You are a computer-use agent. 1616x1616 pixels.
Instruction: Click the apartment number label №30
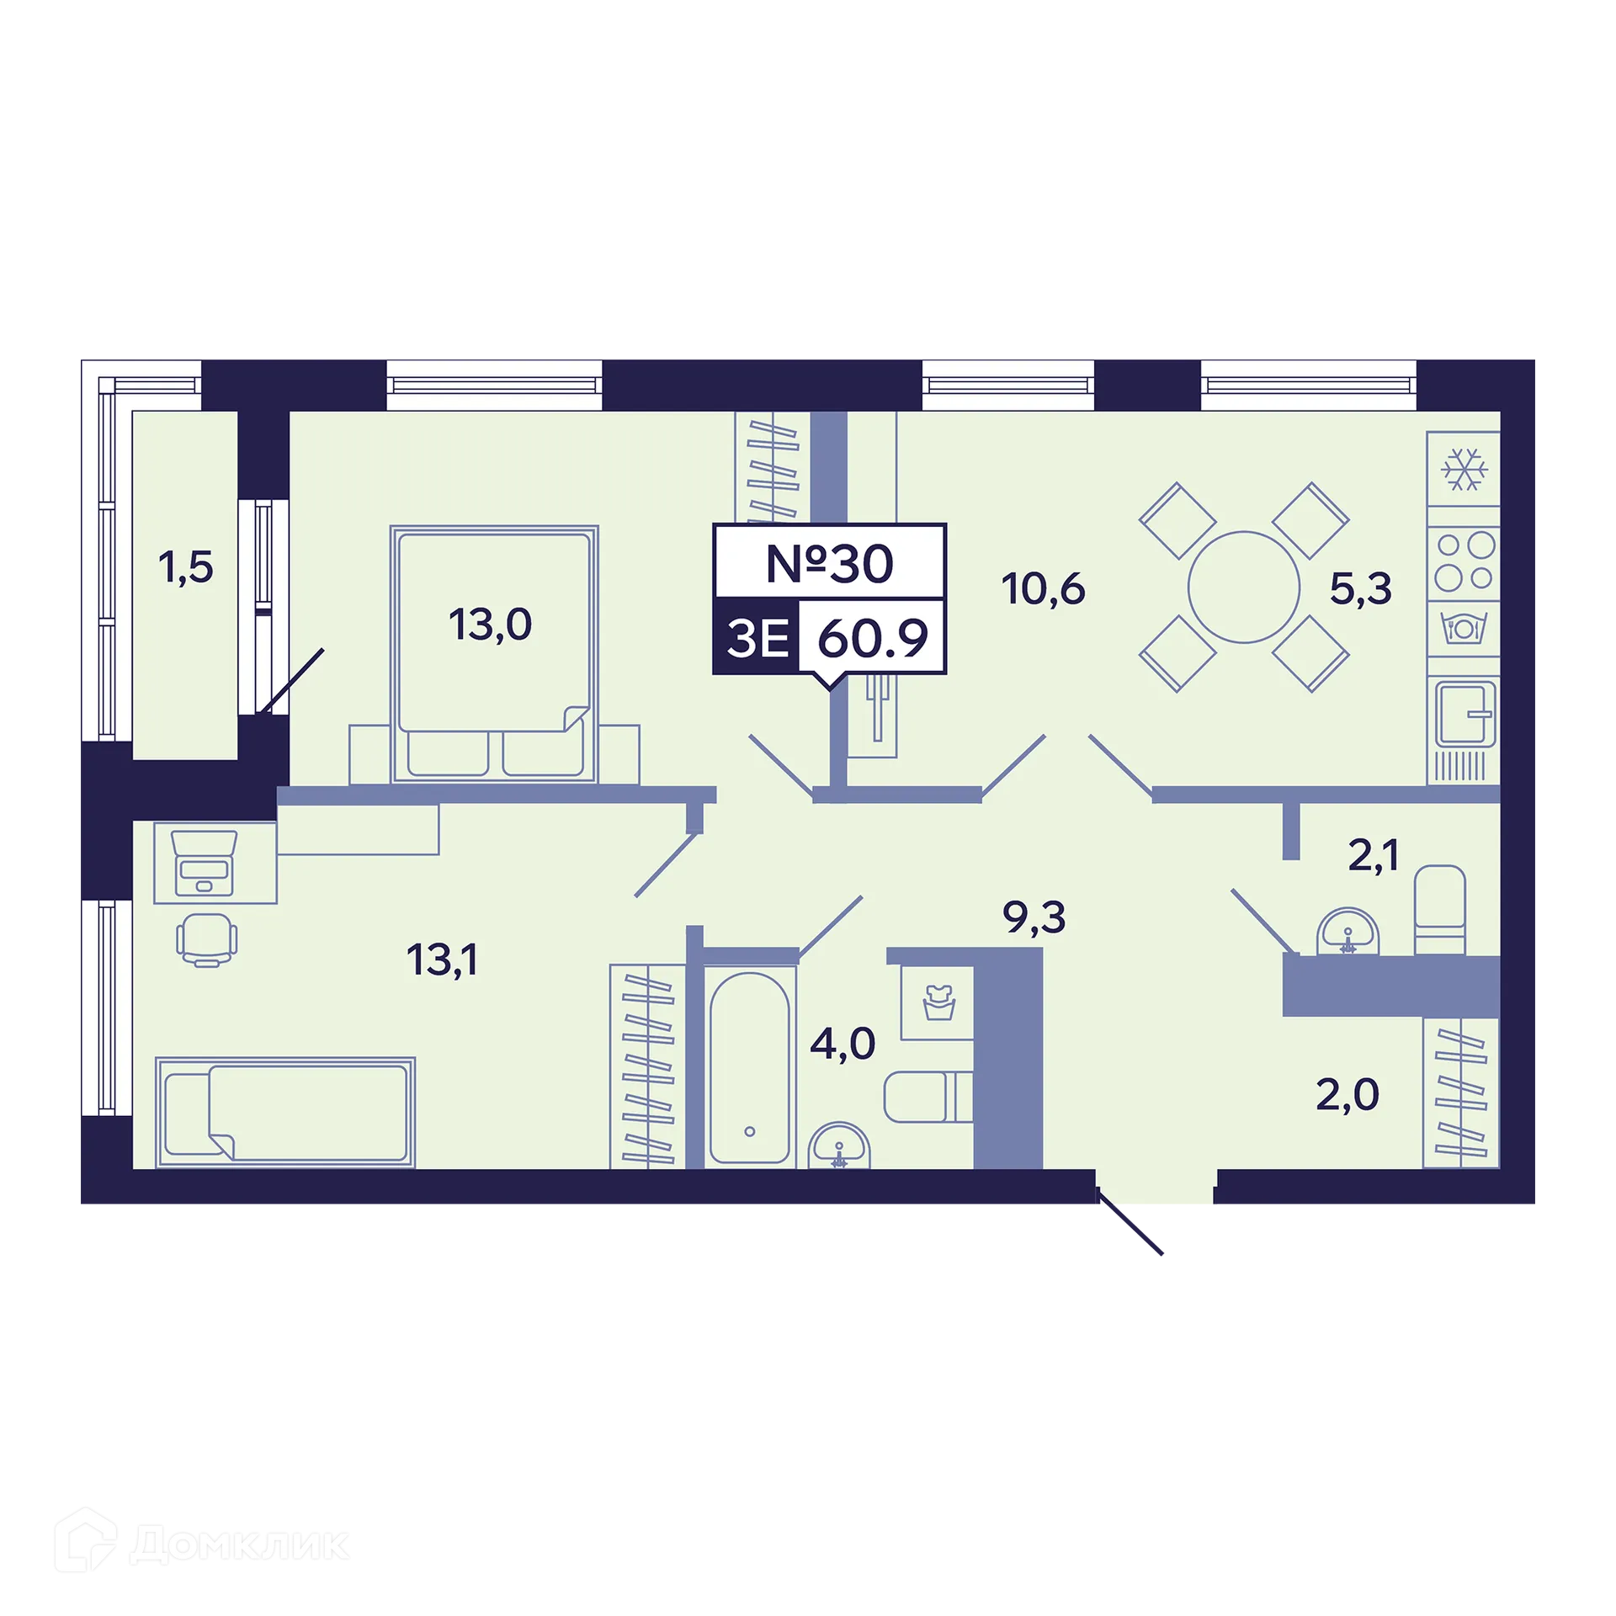tap(829, 563)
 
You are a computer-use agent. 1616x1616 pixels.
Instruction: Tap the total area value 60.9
tap(873, 638)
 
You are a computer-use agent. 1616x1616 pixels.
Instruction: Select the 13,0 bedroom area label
tap(490, 625)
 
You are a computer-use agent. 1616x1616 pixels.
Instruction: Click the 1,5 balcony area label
tap(186, 567)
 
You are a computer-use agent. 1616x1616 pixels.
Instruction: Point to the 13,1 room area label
tap(443, 959)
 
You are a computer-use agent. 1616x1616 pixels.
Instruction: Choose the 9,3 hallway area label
tap(1034, 917)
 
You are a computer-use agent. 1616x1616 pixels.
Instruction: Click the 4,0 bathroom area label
tap(843, 1044)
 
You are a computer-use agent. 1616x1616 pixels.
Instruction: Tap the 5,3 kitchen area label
tap(1361, 588)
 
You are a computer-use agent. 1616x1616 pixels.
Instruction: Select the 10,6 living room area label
tap(1043, 589)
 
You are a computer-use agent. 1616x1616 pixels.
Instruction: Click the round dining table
tap(1244, 587)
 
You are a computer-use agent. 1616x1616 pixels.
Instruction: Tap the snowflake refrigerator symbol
tap(1465, 469)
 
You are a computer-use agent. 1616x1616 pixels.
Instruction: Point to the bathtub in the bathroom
tap(749, 1068)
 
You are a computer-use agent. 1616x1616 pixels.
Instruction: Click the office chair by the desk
tap(207, 940)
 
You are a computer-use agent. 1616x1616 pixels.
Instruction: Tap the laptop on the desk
tap(204, 864)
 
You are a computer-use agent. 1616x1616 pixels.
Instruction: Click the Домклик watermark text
tap(240, 1544)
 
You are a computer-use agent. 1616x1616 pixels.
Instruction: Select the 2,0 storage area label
tap(1348, 1095)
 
